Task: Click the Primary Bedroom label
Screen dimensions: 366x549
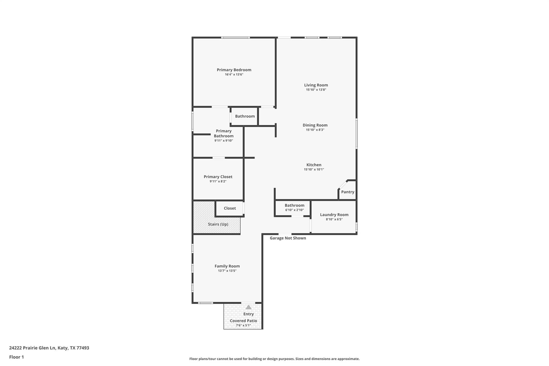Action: (x=234, y=70)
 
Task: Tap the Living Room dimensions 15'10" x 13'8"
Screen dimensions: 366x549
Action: (x=316, y=90)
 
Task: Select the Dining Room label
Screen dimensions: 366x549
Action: (x=315, y=125)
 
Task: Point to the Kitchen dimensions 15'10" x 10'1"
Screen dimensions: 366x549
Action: (x=314, y=169)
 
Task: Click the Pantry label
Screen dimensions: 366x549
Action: (x=347, y=192)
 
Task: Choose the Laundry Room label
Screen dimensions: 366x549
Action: (x=334, y=215)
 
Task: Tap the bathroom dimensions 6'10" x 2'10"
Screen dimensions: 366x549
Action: (x=294, y=210)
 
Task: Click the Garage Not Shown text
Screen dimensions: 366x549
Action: (x=288, y=238)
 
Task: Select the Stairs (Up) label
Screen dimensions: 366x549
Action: (x=218, y=224)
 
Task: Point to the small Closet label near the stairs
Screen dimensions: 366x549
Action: (x=230, y=208)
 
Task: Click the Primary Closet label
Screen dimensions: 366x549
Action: (x=218, y=177)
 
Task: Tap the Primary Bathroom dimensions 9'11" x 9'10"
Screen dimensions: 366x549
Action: (x=224, y=141)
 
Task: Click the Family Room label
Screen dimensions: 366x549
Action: (x=227, y=266)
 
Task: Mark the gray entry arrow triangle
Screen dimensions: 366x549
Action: (x=248, y=307)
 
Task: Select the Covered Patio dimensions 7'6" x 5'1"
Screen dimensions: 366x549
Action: (x=243, y=326)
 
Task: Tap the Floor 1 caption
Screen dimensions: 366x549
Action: (x=17, y=357)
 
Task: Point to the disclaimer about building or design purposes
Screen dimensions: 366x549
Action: (x=274, y=359)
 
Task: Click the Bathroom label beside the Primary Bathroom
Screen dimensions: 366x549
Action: (x=245, y=116)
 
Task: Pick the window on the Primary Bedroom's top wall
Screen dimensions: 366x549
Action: (x=235, y=38)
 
